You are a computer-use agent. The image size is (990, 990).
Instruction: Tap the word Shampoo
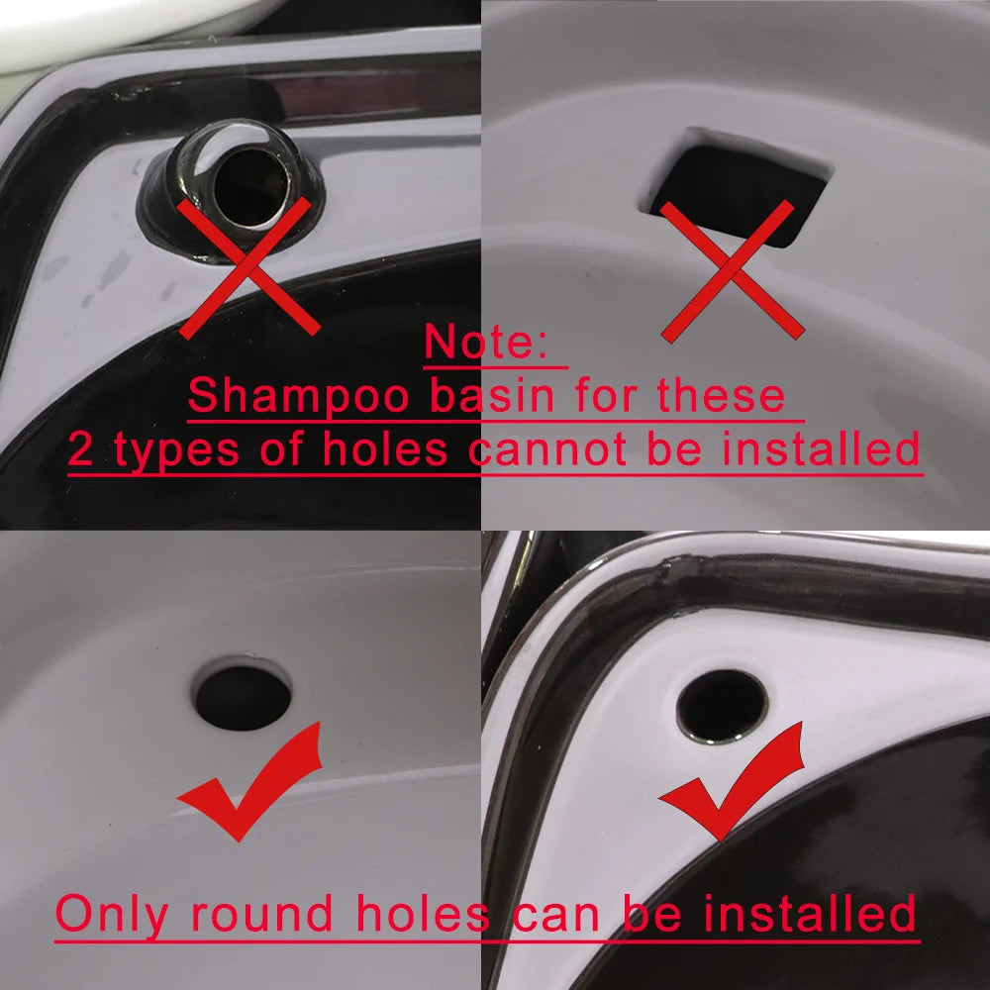click(298, 396)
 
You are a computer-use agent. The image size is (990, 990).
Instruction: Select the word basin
click(492, 396)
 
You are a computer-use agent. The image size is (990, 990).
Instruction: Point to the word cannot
click(547, 449)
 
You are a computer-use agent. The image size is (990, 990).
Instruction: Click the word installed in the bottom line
click(809, 914)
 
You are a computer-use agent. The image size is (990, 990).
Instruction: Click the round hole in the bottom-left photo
click(242, 698)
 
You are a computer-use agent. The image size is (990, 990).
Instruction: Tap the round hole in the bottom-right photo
click(721, 706)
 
